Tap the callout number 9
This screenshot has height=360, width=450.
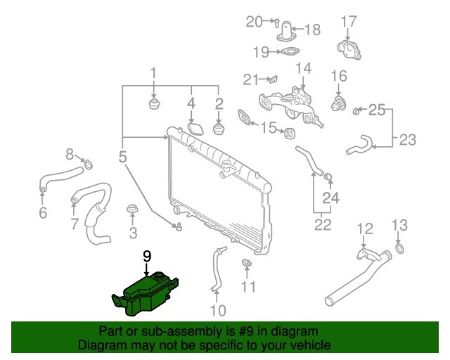[147, 256]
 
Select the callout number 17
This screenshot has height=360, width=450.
[349, 22]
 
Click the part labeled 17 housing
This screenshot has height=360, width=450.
[349, 51]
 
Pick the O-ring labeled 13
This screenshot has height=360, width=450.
[399, 249]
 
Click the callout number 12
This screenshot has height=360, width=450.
[364, 228]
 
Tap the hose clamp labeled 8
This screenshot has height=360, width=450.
[88, 165]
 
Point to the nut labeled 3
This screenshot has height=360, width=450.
[131, 210]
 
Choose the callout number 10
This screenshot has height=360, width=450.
[218, 310]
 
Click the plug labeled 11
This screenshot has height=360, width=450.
[247, 263]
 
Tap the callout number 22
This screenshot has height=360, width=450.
[321, 225]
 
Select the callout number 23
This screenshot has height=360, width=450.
[408, 139]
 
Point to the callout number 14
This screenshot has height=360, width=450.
[303, 68]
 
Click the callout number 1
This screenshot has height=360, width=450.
[153, 73]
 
